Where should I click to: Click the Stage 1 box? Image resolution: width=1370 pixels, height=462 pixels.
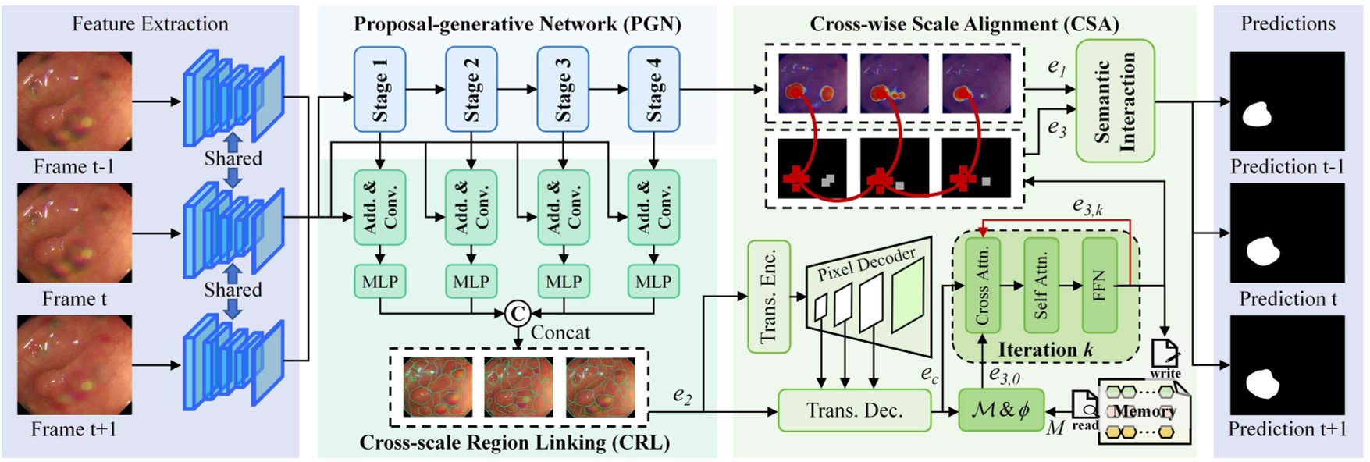click(379, 89)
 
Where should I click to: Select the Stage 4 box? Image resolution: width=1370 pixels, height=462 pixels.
click(653, 89)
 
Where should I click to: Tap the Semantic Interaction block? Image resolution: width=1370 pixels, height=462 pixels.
click(1115, 101)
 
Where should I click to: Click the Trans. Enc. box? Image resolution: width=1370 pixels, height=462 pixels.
click(769, 296)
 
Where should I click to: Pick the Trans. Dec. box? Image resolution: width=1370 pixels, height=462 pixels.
click(854, 410)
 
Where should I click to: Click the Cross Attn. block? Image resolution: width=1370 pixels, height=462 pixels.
click(982, 286)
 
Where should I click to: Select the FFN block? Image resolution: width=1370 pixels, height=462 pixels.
click(1099, 286)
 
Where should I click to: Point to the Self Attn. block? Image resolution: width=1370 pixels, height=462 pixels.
click(1041, 286)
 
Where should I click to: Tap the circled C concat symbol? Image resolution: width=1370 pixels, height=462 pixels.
click(517, 313)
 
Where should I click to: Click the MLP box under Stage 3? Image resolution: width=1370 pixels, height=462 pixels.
click(563, 282)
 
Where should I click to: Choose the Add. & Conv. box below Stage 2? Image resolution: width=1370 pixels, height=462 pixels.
click(471, 208)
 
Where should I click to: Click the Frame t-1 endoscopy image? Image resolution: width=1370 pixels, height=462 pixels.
click(74, 101)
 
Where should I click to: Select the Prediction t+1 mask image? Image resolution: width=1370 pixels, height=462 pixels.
click(1286, 366)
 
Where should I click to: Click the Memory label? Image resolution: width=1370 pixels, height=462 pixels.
click(1144, 411)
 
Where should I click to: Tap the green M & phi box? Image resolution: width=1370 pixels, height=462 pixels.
click(1000, 410)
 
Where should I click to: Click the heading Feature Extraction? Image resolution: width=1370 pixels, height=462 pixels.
click(150, 23)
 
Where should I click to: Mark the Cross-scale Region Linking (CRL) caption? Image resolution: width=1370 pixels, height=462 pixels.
click(514, 443)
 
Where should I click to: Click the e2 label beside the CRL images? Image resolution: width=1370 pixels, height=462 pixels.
click(682, 396)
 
